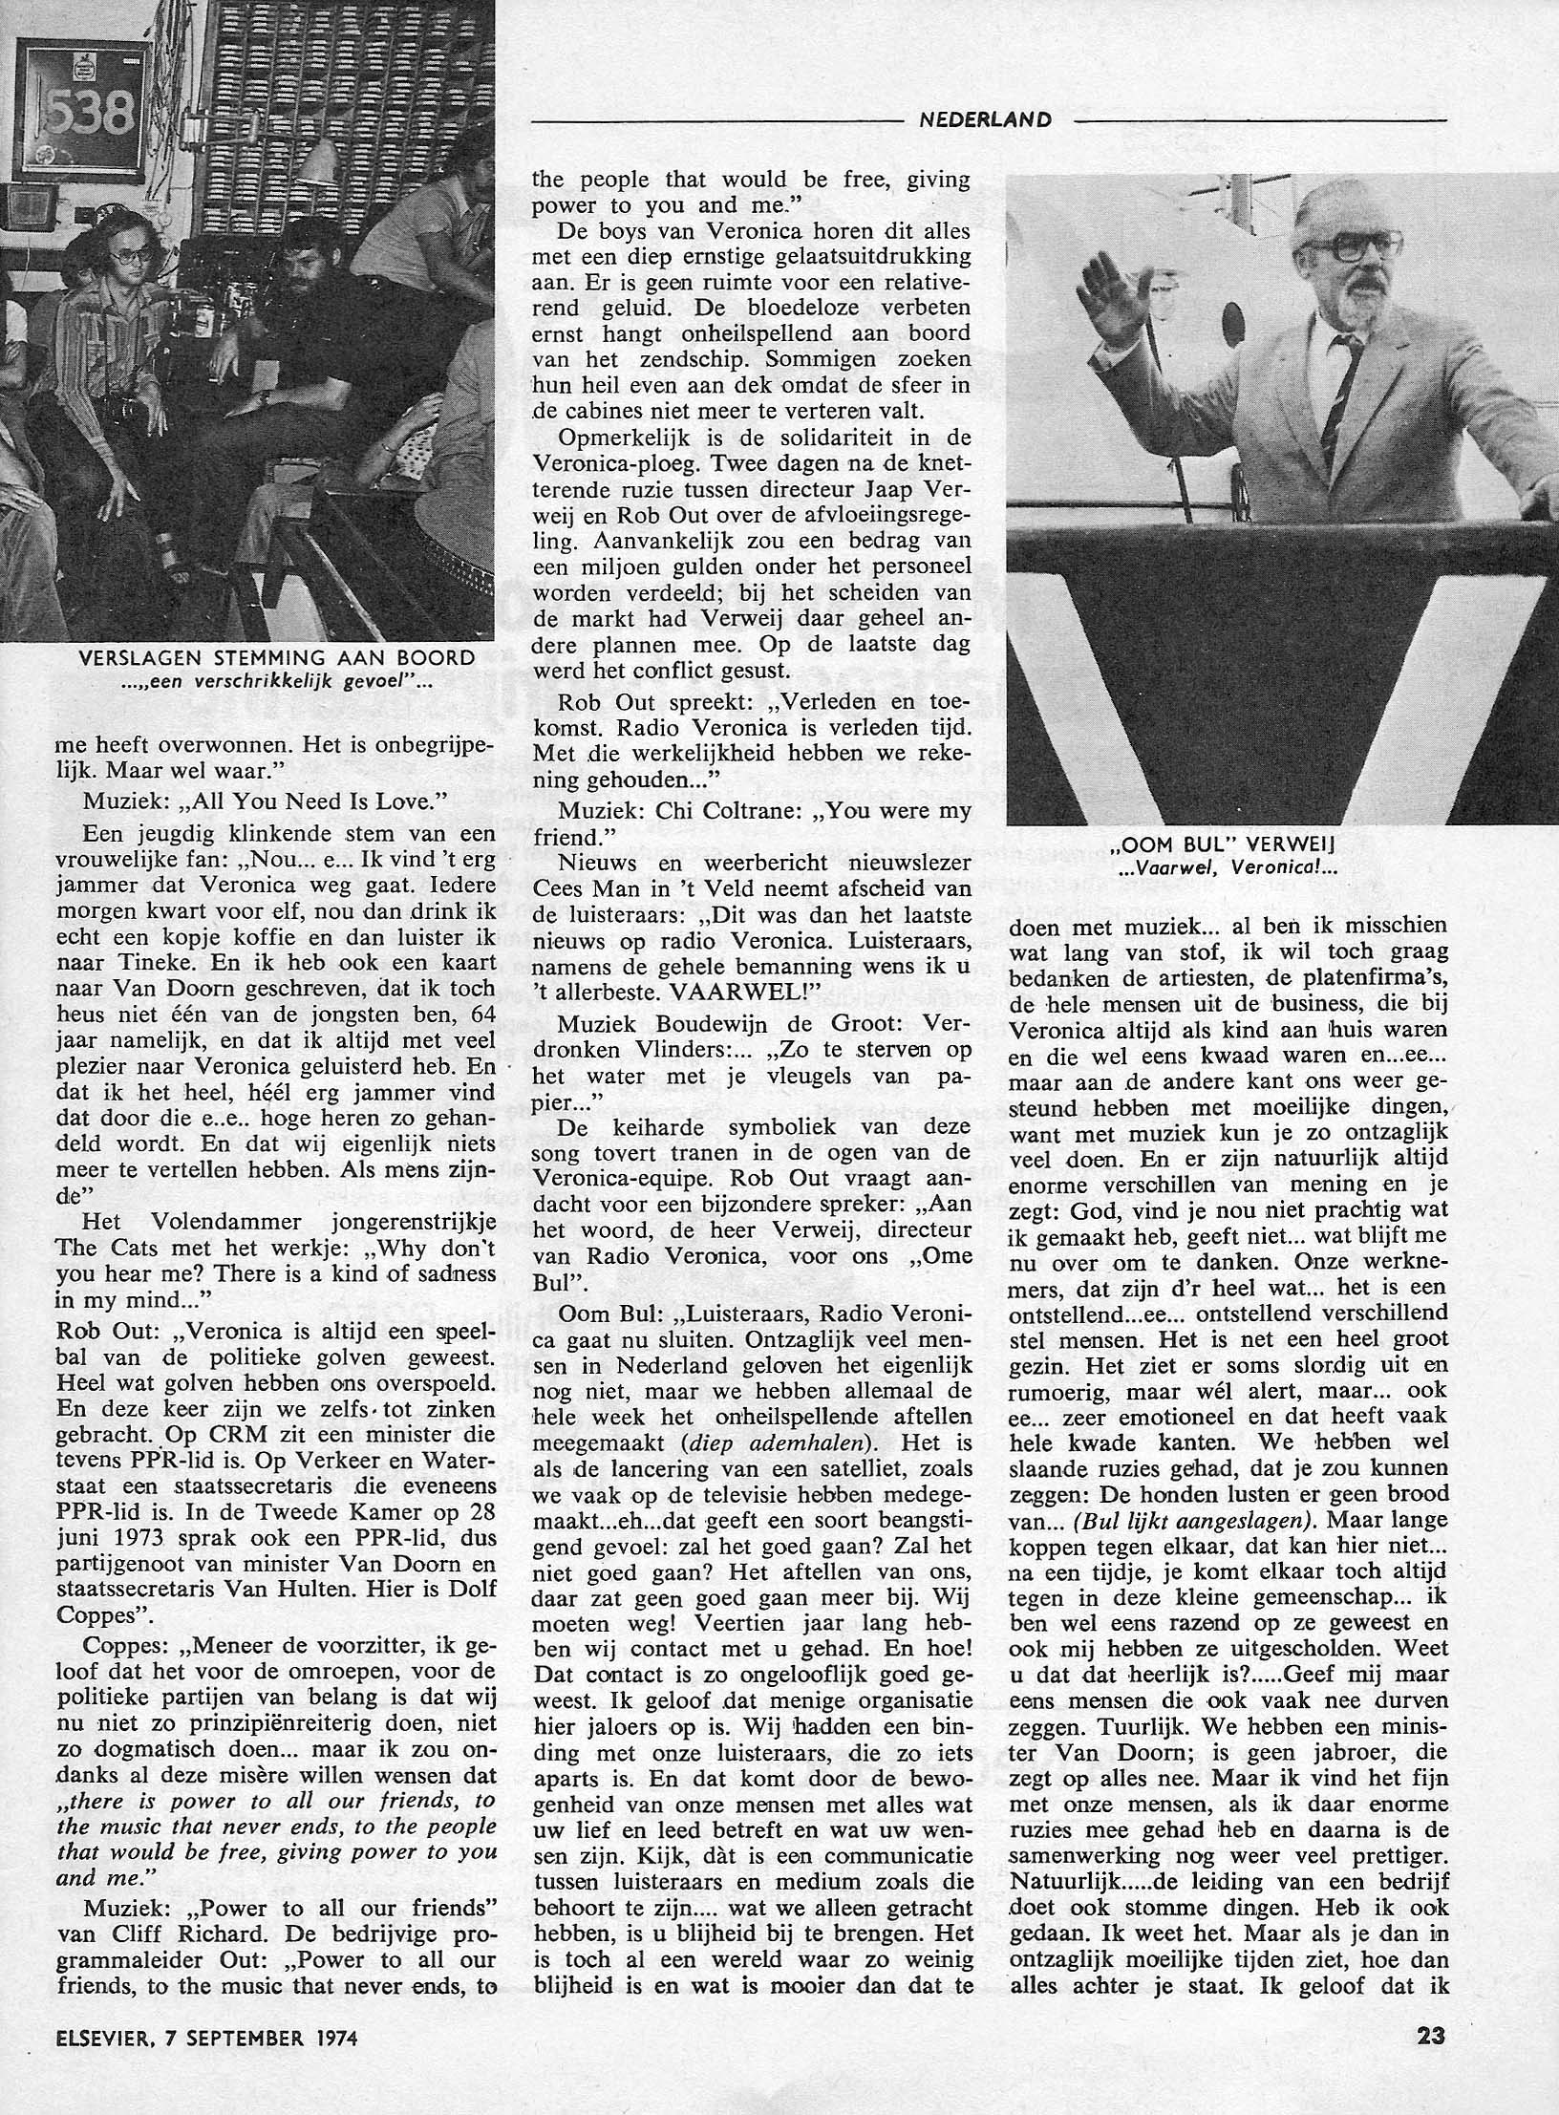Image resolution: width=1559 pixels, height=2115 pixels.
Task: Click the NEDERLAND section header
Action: point(985,120)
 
